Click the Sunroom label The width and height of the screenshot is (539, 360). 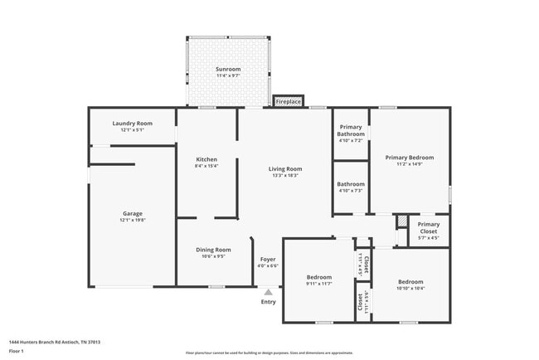coord(228,69)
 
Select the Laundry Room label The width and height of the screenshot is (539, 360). coord(133,124)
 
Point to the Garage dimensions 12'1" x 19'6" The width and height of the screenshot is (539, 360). coord(133,220)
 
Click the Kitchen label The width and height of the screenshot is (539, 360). coord(206,159)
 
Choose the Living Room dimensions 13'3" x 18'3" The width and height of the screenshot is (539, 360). coord(284,175)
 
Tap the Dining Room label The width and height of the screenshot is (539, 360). coord(213,250)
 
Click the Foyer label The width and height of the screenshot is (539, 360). coord(268,259)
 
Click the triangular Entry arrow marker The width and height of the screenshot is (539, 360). coord(268,292)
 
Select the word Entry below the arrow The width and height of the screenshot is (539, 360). coord(268,302)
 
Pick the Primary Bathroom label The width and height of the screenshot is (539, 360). coord(351,130)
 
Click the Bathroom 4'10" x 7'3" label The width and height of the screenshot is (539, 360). coord(351,184)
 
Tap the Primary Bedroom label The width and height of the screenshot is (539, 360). coord(410,157)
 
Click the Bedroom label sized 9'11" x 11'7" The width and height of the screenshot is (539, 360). coord(319,277)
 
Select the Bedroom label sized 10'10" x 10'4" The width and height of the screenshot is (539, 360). coord(410,281)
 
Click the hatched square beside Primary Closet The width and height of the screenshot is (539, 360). coord(401,222)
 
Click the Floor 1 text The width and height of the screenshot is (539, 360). coord(17,351)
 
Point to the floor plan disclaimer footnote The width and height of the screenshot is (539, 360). coord(269,353)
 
